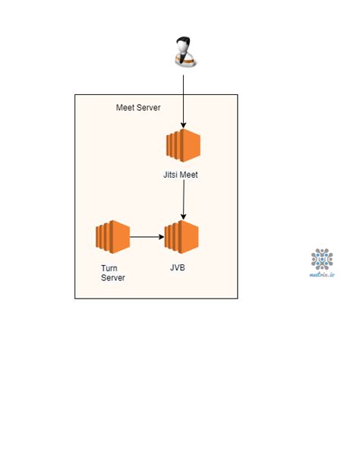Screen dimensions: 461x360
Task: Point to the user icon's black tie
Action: click(182, 58)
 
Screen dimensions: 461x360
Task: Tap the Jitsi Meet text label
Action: click(182, 175)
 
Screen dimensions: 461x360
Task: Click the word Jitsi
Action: click(172, 175)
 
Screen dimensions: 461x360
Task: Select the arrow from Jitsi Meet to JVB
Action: click(183, 201)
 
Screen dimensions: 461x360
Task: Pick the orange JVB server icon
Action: click(182, 237)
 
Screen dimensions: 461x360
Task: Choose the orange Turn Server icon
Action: click(113, 237)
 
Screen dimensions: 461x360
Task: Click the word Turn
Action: click(109, 268)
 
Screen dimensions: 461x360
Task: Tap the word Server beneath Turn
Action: click(113, 278)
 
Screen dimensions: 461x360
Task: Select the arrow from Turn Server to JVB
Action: click(146, 237)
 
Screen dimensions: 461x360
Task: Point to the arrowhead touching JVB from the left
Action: click(162, 237)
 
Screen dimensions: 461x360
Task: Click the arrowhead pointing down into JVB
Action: click(183, 217)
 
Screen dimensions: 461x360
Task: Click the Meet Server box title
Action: click(139, 108)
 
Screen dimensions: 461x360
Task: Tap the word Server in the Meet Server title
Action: click(150, 108)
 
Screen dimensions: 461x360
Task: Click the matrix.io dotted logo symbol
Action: click(322, 259)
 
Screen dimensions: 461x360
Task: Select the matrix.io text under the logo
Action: click(322, 274)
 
